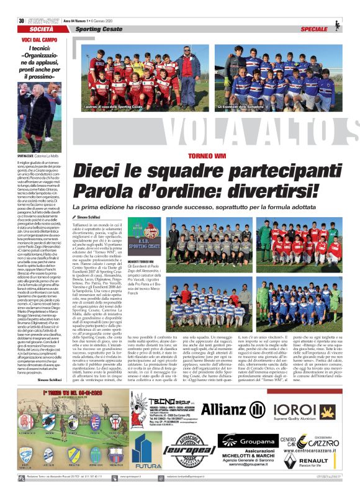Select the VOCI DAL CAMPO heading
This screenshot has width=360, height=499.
click(x=40, y=23)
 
